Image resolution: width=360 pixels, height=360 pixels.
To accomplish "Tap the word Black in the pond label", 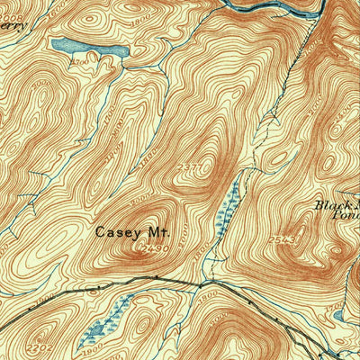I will (x=330, y=204).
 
